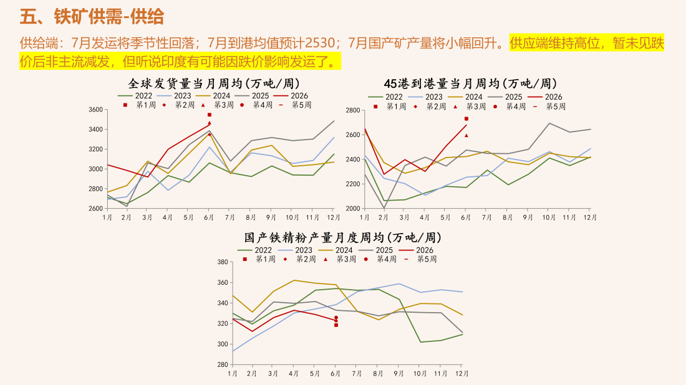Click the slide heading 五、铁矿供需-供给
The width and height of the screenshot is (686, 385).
click(92, 17)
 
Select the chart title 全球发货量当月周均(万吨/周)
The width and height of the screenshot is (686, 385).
click(214, 83)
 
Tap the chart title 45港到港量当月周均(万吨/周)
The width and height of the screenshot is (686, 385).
click(470, 83)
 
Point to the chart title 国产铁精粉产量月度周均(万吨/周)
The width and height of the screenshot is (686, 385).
click(342, 238)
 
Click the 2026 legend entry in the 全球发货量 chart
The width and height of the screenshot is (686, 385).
click(291, 96)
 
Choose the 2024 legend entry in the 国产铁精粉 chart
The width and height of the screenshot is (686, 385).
click(336, 250)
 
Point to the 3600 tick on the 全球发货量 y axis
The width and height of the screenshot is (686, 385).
click(95, 110)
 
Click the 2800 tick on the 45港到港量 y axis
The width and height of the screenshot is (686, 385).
click(352, 110)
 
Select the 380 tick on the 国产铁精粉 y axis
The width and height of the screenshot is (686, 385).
click(223, 262)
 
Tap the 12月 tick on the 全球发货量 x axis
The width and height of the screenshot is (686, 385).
click(334, 217)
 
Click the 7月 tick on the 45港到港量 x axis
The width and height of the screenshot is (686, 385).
click(486, 217)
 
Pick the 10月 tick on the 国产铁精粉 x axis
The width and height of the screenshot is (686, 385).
click(420, 374)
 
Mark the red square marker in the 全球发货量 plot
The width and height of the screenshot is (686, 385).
click(209, 115)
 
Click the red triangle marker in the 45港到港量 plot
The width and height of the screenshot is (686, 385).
click(466, 135)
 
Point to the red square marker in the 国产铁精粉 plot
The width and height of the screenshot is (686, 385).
click(336, 325)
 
